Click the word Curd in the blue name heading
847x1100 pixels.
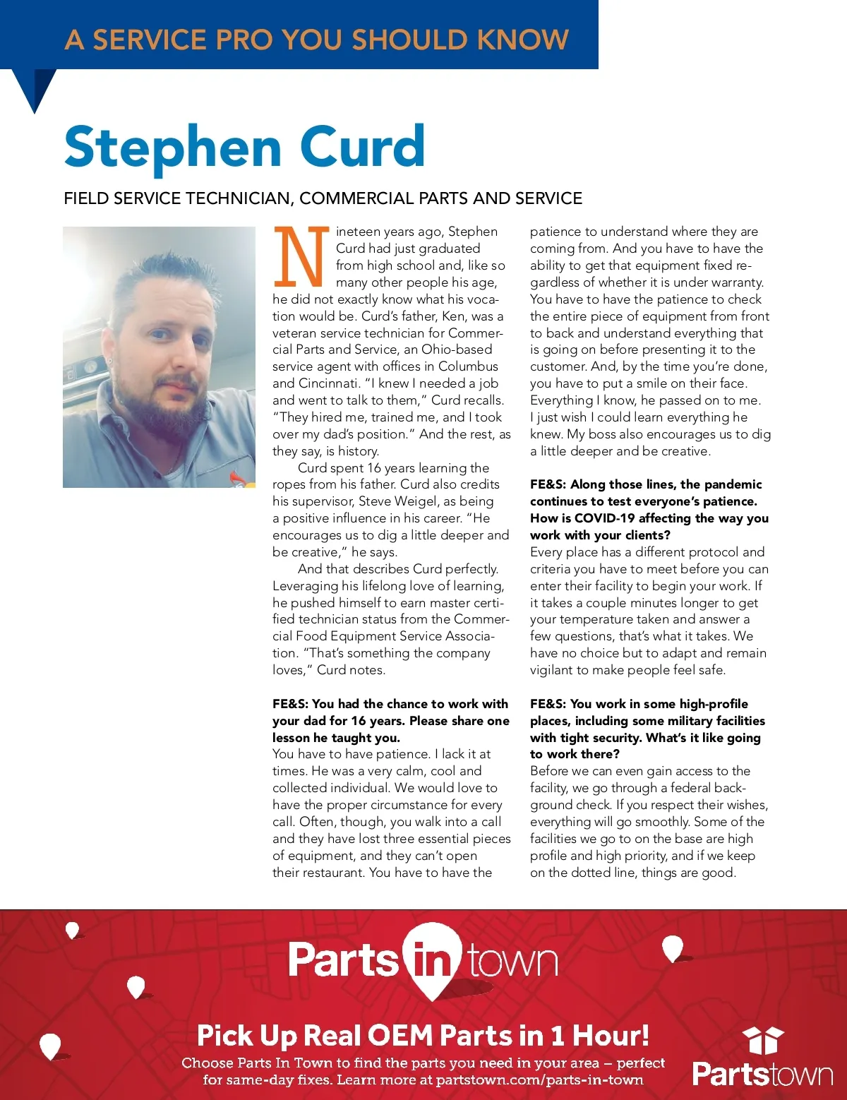click(363, 147)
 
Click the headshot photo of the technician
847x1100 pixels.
click(159, 357)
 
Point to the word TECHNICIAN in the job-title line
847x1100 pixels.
click(239, 198)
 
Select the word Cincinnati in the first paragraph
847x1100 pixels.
click(325, 383)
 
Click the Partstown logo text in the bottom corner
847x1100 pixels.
click(762, 1075)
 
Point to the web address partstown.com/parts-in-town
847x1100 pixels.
click(539, 1080)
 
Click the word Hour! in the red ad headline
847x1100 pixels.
click(611, 1036)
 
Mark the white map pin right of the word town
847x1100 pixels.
click(673, 948)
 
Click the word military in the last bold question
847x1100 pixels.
click(680, 721)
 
